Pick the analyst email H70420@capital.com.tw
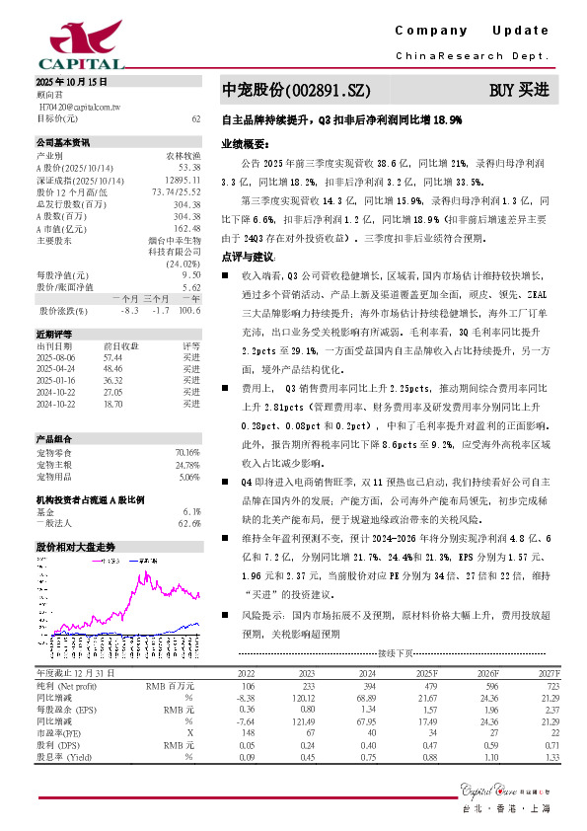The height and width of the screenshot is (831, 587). [x=80, y=105]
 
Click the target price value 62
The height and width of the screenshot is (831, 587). [x=195, y=118]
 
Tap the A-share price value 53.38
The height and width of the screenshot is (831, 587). [x=189, y=168]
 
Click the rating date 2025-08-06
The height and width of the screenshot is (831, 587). [x=57, y=358]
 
